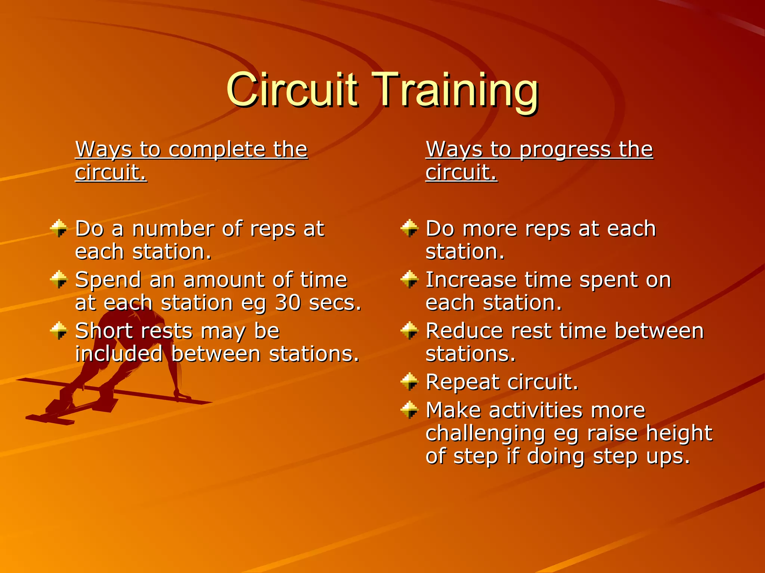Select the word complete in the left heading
point(217,150)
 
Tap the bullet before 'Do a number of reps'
point(59,228)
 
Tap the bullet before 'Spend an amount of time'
point(59,279)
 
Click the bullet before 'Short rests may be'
point(59,331)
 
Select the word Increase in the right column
point(471,280)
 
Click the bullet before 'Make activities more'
point(409,410)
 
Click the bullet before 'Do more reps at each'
point(409,228)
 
